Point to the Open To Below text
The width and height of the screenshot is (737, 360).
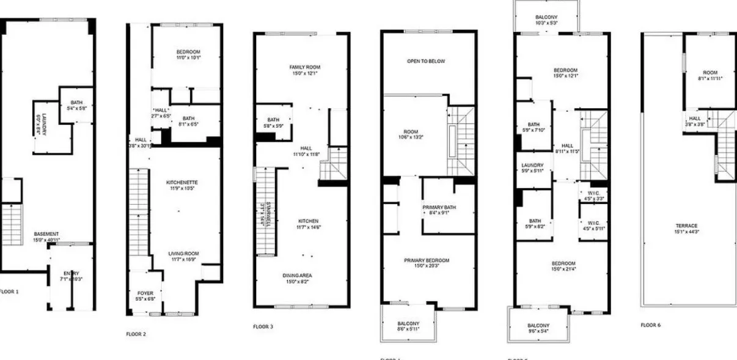click(x=426, y=61)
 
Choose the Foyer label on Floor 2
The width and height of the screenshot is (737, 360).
click(x=145, y=296)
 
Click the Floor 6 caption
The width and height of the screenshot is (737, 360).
click(x=652, y=325)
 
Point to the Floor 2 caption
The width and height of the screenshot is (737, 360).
click(x=136, y=334)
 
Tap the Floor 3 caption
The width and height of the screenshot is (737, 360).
click(x=263, y=327)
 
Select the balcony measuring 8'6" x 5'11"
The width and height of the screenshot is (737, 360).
click(x=409, y=326)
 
